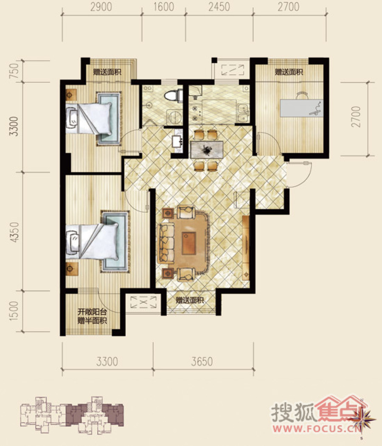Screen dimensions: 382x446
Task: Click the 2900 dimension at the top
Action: pos(101,7)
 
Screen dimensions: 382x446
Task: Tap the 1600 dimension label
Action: pos(163,7)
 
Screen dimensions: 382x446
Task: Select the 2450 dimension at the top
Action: pos(219,7)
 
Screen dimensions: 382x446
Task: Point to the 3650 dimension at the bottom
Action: pos(202,362)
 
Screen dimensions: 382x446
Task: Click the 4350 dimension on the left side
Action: pos(14,232)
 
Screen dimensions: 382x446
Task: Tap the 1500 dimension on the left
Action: pos(14,311)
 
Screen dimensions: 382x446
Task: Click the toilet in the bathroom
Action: pos(174,95)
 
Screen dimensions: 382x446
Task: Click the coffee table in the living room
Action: pos(189,244)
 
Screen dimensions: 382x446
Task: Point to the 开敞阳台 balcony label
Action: pos(93,312)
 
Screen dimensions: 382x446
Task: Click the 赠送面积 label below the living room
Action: pos(190,300)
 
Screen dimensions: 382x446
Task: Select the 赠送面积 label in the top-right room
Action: pos(289,72)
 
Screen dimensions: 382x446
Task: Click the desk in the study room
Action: pos(301,108)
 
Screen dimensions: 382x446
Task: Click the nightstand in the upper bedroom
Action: pos(71,95)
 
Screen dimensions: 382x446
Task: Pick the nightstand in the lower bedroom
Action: pos(71,269)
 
